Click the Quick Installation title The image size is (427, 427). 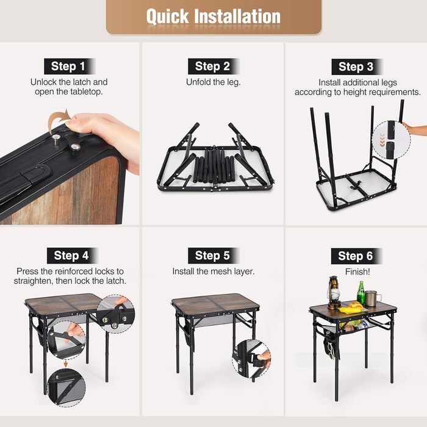click(x=213, y=16)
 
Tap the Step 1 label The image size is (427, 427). click(x=68, y=66)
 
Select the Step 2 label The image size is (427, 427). click(x=212, y=66)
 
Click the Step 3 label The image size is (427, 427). click(x=356, y=66)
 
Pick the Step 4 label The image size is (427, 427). click(x=71, y=256)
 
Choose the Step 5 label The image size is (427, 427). click(x=212, y=256)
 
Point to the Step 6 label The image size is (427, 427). click(x=356, y=256)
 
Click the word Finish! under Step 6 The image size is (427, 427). click(x=357, y=271)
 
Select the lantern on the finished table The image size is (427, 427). click(x=334, y=293)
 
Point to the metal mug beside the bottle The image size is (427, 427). click(x=371, y=299)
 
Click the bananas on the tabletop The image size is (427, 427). click(x=349, y=310)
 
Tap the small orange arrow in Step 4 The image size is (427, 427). click(x=66, y=364)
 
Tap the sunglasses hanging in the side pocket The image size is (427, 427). click(x=331, y=351)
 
